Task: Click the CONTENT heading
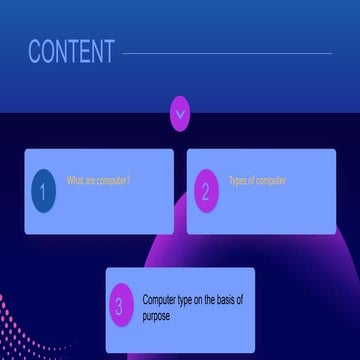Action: pyautogui.click(x=71, y=52)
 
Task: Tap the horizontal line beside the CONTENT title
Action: pyautogui.click(x=226, y=54)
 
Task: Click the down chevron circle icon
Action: pyautogui.click(x=180, y=113)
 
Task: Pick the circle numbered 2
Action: pyautogui.click(x=205, y=191)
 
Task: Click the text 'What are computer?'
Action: pyautogui.click(x=98, y=181)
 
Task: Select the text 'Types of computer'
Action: pyautogui.click(x=257, y=181)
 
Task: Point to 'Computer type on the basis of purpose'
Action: pyautogui.click(x=193, y=308)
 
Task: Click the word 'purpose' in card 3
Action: pyautogui.click(x=157, y=316)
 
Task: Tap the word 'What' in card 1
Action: pyautogui.click(x=75, y=181)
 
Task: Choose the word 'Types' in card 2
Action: pyautogui.click(x=239, y=181)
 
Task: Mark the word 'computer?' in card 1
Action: pyautogui.click(x=113, y=181)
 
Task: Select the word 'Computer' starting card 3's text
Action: pyautogui.click(x=161, y=300)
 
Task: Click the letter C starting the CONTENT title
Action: pyautogui.click(x=35, y=52)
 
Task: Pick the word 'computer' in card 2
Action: pyautogui.click(x=270, y=181)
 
